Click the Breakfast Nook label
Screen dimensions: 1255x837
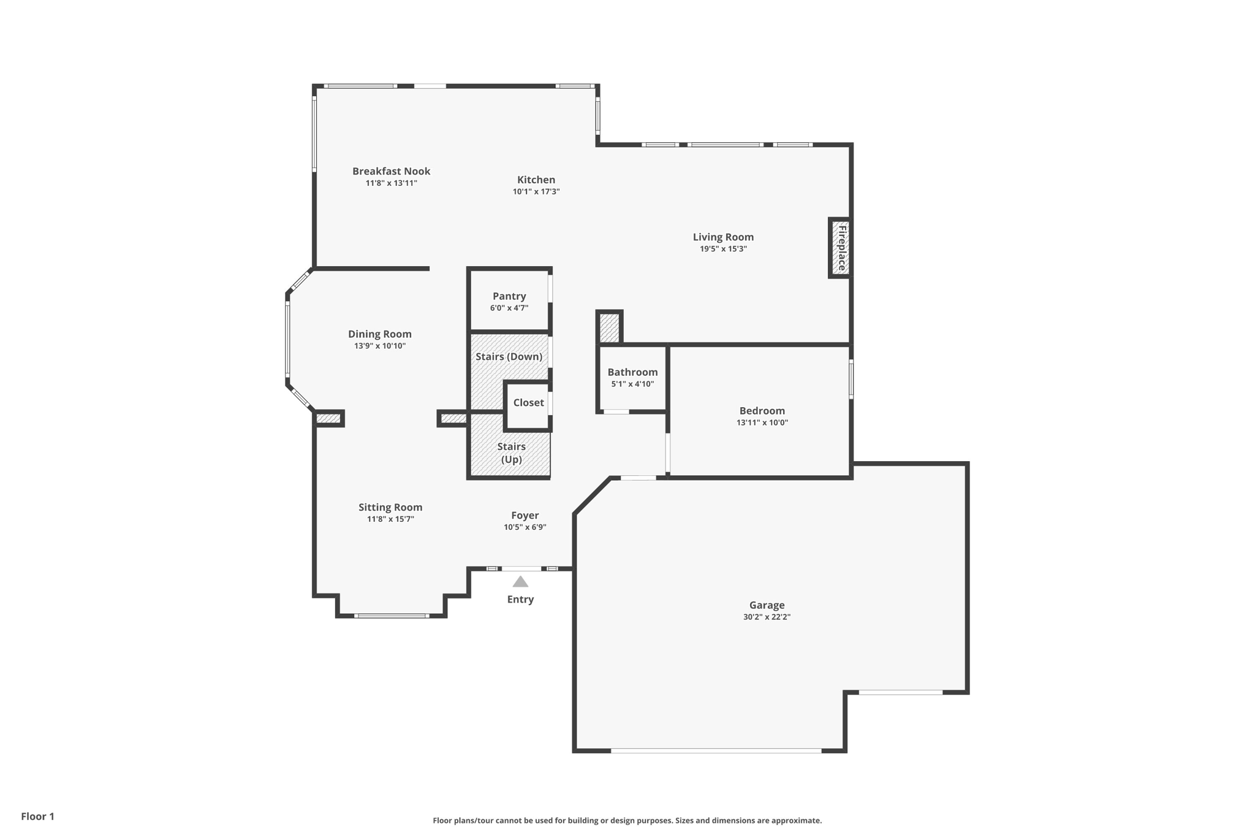(391, 171)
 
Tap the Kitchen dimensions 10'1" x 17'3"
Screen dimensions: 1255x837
(536, 191)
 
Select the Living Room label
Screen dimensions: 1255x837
(723, 237)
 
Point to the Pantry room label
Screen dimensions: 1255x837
(509, 296)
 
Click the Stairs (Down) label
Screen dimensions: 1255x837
(509, 356)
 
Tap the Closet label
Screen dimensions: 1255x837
(528, 402)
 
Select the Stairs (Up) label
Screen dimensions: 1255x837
(511, 453)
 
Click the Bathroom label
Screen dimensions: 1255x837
(632, 372)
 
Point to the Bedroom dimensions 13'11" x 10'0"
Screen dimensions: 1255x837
(762, 422)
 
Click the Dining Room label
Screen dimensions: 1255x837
(380, 334)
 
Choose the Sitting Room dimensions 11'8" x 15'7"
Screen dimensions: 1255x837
(390, 519)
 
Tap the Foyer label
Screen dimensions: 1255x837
(525, 516)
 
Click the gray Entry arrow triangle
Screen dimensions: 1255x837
(520, 582)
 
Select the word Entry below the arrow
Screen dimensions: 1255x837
(520, 599)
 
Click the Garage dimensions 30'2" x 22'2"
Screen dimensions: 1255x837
(767, 617)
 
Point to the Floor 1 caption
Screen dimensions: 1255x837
(38, 816)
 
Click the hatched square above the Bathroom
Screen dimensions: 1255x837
(609, 327)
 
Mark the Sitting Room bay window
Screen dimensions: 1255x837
(392, 616)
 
